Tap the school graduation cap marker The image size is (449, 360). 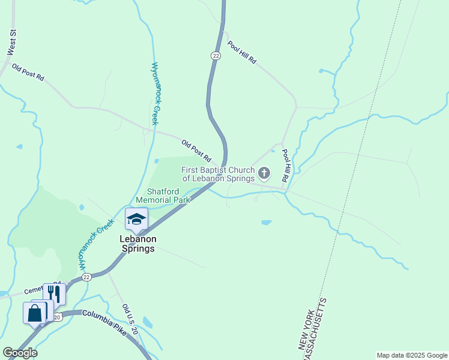click(x=136, y=219)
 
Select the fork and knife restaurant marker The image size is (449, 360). click(x=55, y=294)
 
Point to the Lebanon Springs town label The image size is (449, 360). click(x=138, y=244)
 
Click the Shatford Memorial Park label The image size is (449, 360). click(x=163, y=195)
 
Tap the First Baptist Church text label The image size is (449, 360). click(x=217, y=174)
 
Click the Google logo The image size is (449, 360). click(x=20, y=353)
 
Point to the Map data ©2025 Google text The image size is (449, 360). click(x=412, y=355)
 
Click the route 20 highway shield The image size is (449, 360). click(x=57, y=316)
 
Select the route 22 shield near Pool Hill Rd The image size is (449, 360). click(x=216, y=55)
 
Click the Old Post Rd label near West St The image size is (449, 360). click(x=28, y=73)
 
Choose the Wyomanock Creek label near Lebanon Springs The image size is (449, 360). click(x=95, y=243)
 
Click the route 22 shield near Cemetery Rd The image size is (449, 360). click(x=87, y=277)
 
